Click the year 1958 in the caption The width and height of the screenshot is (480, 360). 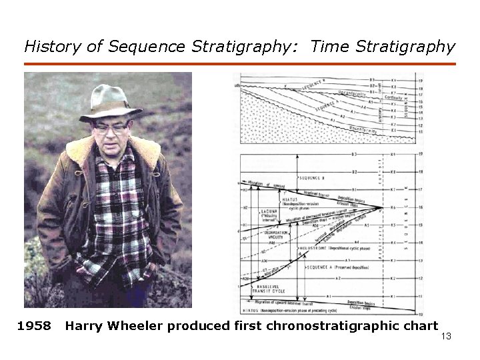click(33, 326)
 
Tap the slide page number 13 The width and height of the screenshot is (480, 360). click(447, 336)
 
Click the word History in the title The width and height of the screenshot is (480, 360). click(47, 47)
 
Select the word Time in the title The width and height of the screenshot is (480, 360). click(331, 47)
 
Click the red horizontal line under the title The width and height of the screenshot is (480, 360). click(240, 64)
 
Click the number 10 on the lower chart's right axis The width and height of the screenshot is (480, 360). click(420, 313)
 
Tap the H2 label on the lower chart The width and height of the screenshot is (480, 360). click(245, 190)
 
